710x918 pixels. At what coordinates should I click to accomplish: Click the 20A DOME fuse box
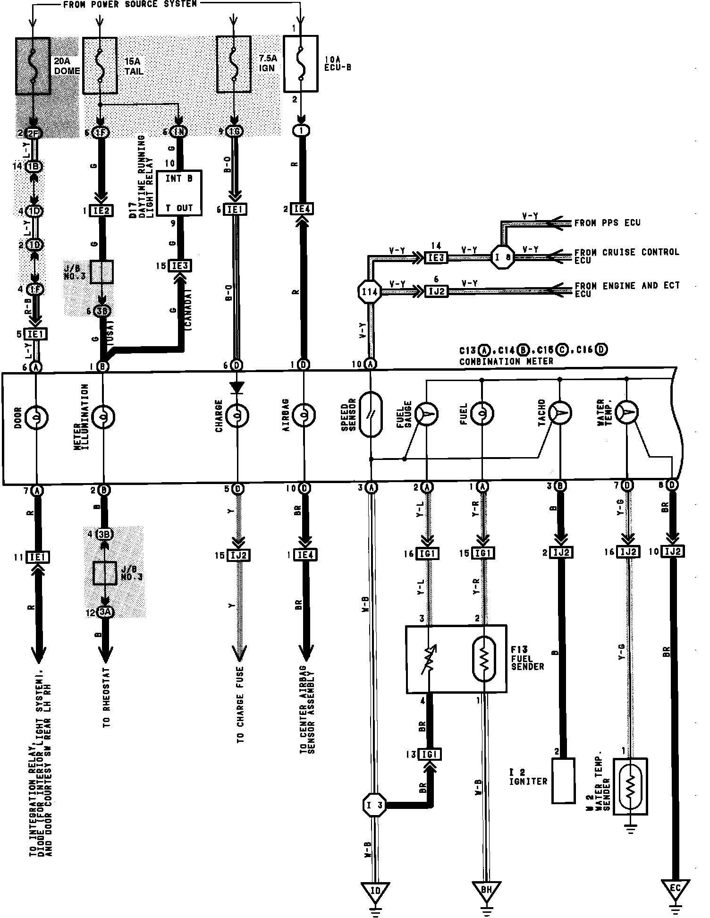[33, 65]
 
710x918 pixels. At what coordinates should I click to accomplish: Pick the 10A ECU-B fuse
[301, 63]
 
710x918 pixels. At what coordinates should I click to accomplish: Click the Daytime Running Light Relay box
[179, 193]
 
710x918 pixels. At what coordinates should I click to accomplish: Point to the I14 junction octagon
[370, 292]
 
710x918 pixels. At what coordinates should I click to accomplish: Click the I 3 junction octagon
[374, 804]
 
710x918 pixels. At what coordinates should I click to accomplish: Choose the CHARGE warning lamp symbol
[237, 416]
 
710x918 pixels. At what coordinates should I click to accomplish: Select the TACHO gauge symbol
[560, 413]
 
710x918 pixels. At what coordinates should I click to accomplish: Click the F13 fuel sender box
[456, 659]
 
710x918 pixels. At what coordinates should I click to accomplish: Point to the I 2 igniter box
[563, 781]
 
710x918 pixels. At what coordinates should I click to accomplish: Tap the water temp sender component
[630, 787]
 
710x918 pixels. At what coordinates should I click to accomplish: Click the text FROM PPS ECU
[607, 223]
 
